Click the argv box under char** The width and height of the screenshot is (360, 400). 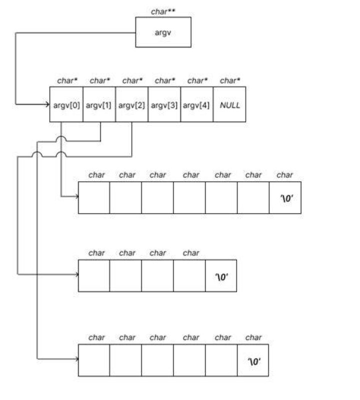[163, 32]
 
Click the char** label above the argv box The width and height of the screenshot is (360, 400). [163, 11]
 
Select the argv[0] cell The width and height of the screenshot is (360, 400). [66, 104]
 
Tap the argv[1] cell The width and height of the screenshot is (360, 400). [99, 104]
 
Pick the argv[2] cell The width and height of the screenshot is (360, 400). [132, 104]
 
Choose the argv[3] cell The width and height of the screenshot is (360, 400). [164, 104]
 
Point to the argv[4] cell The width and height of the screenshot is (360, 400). [196, 104]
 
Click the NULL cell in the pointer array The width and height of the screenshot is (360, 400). [229, 104]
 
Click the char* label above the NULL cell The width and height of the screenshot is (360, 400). [230, 80]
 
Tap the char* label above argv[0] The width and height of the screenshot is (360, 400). [67, 80]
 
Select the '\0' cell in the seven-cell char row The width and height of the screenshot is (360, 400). [285, 198]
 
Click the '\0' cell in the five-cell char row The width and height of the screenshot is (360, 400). [221, 276]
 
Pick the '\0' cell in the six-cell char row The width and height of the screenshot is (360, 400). [253, 360]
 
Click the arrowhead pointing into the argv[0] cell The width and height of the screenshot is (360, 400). [47, 104]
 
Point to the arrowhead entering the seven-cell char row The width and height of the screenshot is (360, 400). [76, 196]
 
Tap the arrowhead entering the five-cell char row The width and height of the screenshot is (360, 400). [76, 275]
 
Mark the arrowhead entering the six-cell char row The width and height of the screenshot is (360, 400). [76, 359]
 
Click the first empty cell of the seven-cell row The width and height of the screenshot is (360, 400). [94, 198]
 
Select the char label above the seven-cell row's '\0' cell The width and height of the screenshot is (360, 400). [284, 175]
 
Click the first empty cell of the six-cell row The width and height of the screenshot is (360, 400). [94, 360]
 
